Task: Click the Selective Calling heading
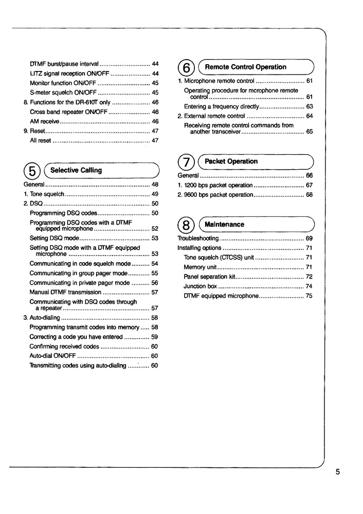click(76, 170)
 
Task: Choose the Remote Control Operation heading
click(245, 67)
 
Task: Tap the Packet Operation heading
click(231, 161)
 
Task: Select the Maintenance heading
click(224, 225)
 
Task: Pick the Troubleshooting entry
click(198, 238)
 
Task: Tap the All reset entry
click(41, 140)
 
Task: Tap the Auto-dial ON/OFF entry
click(53, 356)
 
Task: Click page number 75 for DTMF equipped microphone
click(309, 296)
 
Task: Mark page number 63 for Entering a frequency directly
click(309, 106)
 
